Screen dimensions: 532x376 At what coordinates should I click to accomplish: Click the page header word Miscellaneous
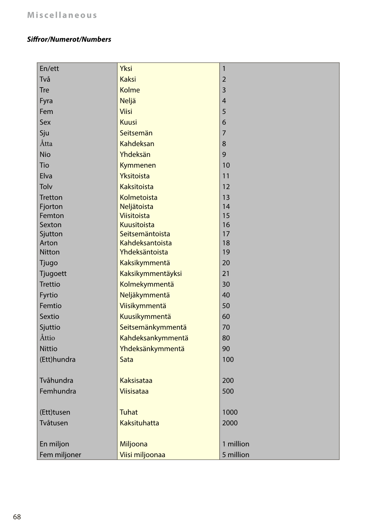point(62,15)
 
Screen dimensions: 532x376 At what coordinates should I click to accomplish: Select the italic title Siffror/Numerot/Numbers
point(69,39)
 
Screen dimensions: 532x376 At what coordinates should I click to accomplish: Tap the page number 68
point(17,517)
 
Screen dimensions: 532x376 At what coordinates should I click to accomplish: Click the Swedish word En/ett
point(49,68)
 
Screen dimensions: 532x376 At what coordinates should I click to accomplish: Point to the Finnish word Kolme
point(130,90)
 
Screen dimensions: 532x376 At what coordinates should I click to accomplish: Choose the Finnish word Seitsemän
point(136,133)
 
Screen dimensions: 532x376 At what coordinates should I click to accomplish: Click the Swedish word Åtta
point(46,144)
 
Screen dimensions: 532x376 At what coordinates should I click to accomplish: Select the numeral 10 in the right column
point(226,165)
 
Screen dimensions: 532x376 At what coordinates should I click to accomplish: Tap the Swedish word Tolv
point(46,187)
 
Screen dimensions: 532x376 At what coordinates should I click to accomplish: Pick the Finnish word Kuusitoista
point(137,225)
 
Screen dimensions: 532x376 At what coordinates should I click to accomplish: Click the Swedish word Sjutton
point(51,234)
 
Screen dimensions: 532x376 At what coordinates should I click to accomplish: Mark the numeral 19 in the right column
point(226,252)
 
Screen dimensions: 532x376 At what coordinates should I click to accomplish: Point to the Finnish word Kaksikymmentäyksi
point(151,273)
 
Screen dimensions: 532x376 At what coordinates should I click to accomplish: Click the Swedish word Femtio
point(51,306)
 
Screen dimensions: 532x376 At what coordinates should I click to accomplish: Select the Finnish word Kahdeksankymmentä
point(154,338)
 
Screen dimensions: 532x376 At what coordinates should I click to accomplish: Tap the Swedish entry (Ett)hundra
point(57,359)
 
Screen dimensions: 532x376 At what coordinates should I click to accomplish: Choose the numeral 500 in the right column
point(228,391)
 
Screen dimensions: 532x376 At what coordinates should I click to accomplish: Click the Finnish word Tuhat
point(129,412)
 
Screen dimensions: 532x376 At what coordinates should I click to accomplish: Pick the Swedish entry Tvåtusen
point(54,423)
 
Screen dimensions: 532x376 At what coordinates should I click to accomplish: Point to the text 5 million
point(236,455)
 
